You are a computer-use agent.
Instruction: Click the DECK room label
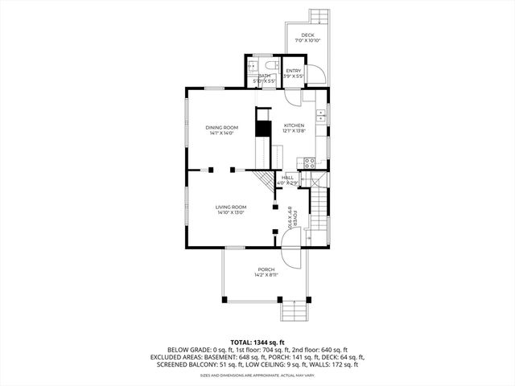[307, 35]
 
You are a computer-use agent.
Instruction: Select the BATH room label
[264, 76]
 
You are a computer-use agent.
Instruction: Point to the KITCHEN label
[294, 125]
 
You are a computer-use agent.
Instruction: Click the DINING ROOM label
[221, 127]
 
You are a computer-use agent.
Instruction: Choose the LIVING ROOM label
[230, 207]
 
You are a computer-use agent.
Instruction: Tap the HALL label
[288, 177]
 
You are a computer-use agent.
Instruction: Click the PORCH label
[266, 269]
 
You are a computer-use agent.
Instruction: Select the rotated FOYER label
[295, 218]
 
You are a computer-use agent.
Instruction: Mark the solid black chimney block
[262, 128]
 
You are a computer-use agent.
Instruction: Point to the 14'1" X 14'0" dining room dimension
[221, 133]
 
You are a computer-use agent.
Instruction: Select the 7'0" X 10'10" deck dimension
[307, 41]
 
